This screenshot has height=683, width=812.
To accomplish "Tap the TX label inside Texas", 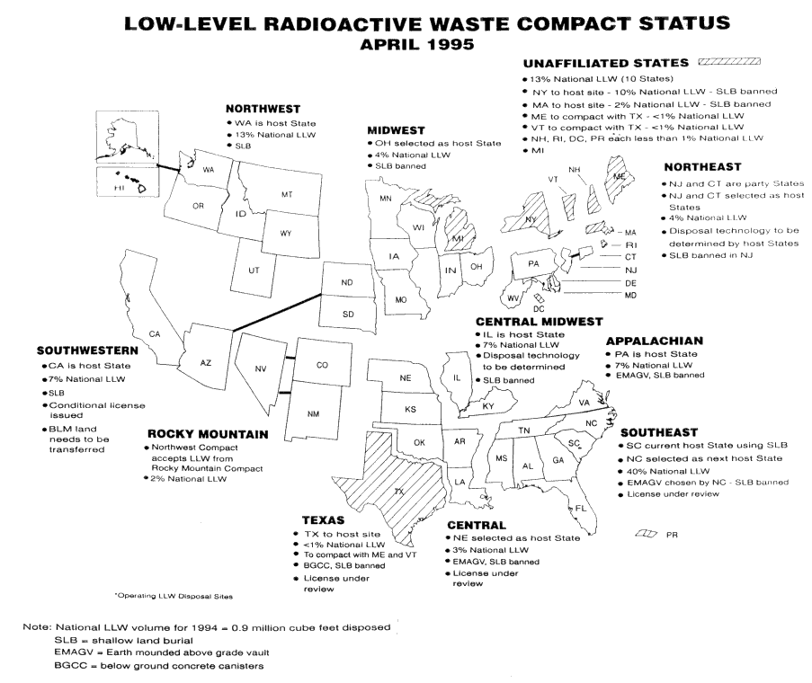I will [x=398, y=492].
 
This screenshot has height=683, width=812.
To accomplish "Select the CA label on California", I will [x=155, y=334].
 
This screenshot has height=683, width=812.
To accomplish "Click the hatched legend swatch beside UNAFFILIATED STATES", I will [x=729, y=62].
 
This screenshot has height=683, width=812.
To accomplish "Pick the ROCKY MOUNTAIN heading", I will [x=208, y=434].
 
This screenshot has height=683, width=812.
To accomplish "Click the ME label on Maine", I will [x=619, y=178].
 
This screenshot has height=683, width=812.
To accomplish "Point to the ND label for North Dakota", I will [x=346, y=283].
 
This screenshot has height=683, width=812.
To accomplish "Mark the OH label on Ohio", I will [x=477, y=266].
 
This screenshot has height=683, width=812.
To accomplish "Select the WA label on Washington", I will [x=209, y=170].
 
